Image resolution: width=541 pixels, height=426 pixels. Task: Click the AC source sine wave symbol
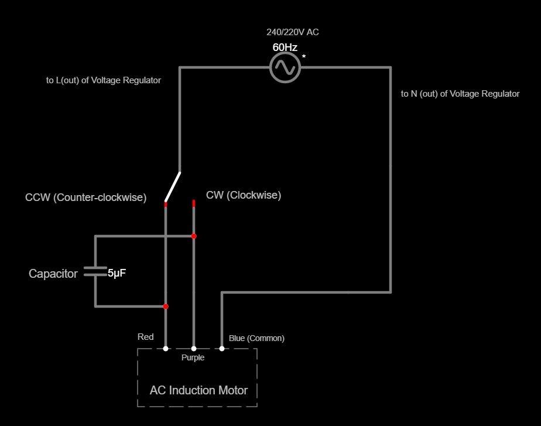coord(285,67)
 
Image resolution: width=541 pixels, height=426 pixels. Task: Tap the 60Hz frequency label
coord(285,47)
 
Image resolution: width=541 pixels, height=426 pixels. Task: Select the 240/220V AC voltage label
coord(293,32)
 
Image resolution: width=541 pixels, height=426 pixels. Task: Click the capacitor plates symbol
coord(95,272)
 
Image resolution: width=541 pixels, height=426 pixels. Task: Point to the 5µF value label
coord(117,273)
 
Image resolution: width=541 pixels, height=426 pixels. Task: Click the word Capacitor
coord(53,274)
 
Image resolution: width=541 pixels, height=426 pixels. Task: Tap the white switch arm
coord(173,186)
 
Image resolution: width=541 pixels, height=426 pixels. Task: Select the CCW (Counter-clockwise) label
coord(85,197)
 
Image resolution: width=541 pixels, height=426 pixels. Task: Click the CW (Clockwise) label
coord(244,195)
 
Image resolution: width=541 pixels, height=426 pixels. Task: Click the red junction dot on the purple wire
coord(194,236)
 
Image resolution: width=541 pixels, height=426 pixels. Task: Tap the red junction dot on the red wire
coord(166,306)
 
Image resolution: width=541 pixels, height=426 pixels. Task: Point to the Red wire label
coord(146,337)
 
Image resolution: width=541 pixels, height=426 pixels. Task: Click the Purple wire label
coord(193,357)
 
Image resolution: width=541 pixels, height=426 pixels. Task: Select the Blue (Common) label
coord(256,338)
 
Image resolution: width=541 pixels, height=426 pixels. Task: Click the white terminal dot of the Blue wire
coord(222,349)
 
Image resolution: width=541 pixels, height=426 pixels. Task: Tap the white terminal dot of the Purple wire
coord(194,349)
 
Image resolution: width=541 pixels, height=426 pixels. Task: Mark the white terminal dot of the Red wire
coord(166,349)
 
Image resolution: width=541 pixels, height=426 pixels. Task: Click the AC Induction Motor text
coord(198,390)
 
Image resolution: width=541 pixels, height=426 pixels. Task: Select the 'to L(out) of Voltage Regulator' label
coord(104,80)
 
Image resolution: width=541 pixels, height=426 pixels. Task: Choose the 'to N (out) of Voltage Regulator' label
coord(460,94)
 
